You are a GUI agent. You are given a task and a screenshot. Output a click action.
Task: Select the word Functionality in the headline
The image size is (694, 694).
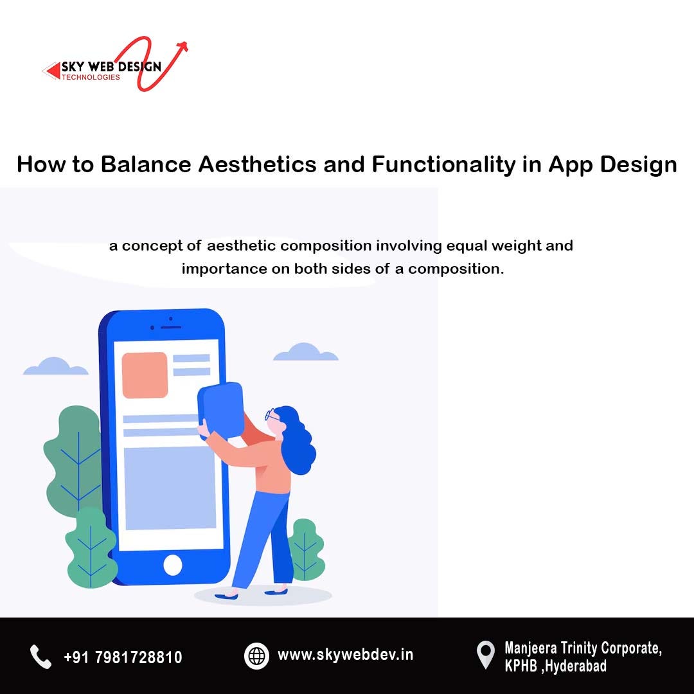[x=443, y=165]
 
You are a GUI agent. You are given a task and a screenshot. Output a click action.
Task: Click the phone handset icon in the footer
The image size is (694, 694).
[x=40, y=657]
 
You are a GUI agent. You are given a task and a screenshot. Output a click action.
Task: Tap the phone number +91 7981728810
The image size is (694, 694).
[x=123, y=657]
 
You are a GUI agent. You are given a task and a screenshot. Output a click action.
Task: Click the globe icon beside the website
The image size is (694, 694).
[x=256, y=656]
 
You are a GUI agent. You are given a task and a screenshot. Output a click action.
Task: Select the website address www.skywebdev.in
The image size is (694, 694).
[x=345, y=655]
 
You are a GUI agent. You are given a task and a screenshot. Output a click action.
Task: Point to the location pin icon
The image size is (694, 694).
[x=486, y=655]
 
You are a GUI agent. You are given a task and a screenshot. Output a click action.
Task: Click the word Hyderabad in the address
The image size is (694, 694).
[x=576, y=666]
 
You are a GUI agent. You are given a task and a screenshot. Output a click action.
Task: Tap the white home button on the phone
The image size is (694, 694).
[x=173, y=565]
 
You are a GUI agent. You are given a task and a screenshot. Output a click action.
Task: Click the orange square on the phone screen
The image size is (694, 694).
[x=145, y=375]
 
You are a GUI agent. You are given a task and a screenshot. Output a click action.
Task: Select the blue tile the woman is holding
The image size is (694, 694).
[x=220, y=410]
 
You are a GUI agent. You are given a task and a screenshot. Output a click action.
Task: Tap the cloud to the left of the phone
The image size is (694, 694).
[x=55, y=366]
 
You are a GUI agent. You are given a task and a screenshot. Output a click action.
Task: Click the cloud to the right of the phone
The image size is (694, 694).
[x=305, y=352]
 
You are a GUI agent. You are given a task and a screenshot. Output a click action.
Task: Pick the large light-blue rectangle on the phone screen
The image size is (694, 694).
[x=170, y=488]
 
